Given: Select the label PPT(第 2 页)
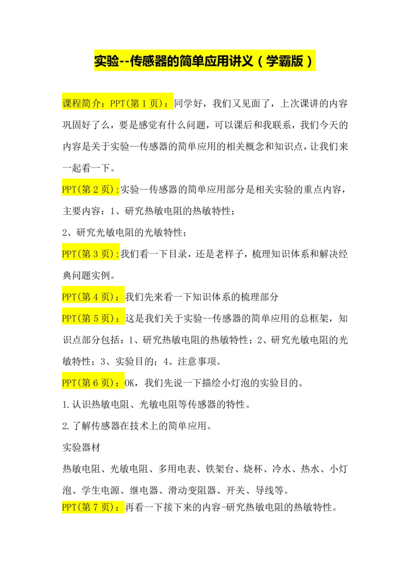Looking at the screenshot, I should click(x=90, y=190).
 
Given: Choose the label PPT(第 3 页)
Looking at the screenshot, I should click(x=90, y=254).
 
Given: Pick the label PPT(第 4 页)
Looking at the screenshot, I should click(x=90, y=297).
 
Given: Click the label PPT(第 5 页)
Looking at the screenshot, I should click(x=90, y=318).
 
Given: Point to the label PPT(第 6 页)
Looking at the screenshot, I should click(x=90, y=383).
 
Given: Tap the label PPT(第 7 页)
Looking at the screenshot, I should click(x=90, y=507).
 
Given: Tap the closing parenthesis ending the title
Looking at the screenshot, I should click(x=309, y=61).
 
